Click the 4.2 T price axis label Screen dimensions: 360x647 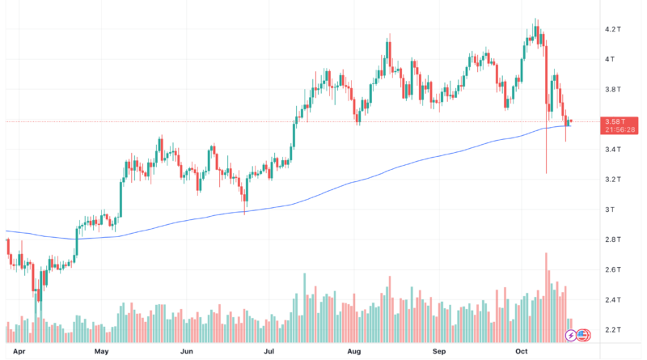[612, 29]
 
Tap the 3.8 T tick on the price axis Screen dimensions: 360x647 [612, 89]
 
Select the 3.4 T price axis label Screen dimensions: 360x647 [612, 150]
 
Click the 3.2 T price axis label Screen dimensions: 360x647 [612, 180]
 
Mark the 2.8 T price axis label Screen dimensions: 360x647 [612, 239]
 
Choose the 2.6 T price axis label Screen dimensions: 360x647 [612, 269]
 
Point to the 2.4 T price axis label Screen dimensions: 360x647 [612, 300]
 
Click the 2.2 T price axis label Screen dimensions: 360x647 [612, 330]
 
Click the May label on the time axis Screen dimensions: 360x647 [101, 353]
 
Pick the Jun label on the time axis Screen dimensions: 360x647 [187, 353]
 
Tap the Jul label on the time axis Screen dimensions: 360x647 [269, 353]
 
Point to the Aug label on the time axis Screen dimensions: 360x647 [353, 353]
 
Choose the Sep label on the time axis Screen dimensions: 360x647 [439, 353]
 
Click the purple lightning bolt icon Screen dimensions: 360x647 [572, 335]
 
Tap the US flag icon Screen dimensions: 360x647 [581, 335]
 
